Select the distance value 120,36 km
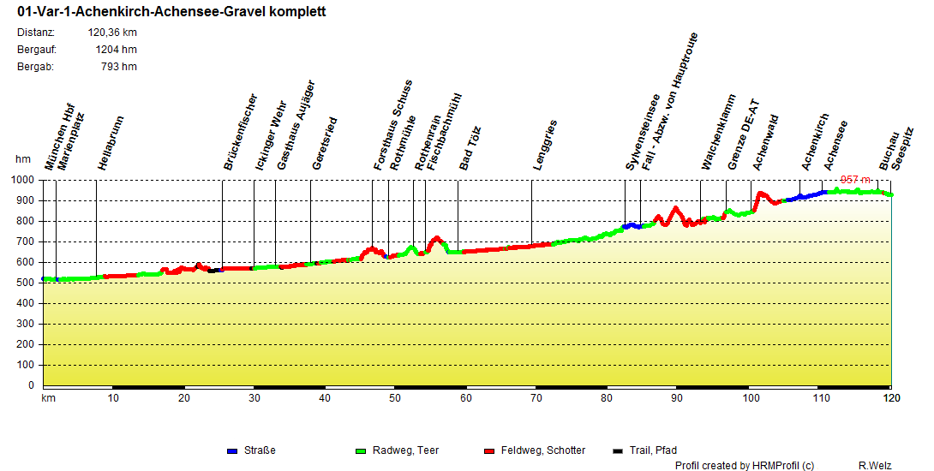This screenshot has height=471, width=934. click(x=112, y=33)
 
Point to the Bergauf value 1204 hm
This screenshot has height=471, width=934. click(x=117, y=50)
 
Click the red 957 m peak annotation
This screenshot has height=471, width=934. click(x=855, y=180)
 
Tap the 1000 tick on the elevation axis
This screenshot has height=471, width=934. click(x=21, y=180)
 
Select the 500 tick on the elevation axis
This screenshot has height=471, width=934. click(x=25, y=283)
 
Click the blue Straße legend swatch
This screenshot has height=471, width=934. click(x=231, y=450)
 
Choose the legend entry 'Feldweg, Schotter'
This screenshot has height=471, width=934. click(x=543, y=450)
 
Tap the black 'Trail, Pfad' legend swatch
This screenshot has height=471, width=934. click(x=619, y=450)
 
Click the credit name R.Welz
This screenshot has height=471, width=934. click(x=875, y=466)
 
